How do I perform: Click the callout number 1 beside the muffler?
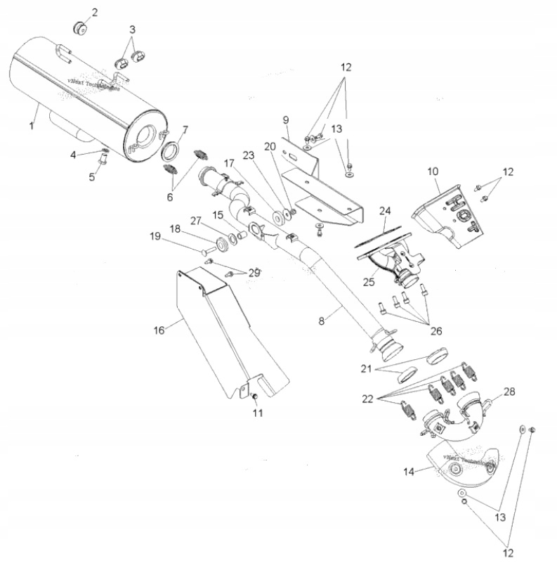[31, 125]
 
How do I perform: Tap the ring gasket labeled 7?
[170, 150]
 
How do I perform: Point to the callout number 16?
[159, 328]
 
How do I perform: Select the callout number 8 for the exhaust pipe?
[322, 321]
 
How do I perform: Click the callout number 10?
[433, 171]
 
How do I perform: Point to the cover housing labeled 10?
[450, 214]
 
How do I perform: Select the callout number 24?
[384, 210]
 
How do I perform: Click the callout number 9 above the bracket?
[287, 119]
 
